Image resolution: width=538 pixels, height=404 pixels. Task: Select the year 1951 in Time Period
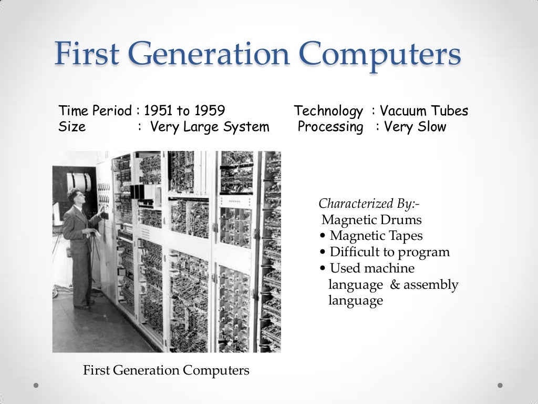click(158, 111)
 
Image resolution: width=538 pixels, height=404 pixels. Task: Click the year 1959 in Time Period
click(209, 111)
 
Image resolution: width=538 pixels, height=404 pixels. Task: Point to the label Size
click(72, 127)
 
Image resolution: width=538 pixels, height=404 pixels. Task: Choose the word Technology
click(328, 111)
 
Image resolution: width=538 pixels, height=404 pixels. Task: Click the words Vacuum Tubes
click(423, 111)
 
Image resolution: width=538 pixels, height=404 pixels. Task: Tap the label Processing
click(330, 127)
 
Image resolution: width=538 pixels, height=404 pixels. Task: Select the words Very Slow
click(415, 127)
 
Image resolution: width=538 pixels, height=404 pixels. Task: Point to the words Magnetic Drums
click(371, 220)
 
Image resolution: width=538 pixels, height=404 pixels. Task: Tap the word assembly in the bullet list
click(431, 285)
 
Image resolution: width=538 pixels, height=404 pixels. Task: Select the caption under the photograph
click(166, 370)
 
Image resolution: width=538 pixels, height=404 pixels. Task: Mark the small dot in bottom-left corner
click(36, 385)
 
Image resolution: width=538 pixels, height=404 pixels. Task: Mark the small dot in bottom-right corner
click(500, 385)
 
